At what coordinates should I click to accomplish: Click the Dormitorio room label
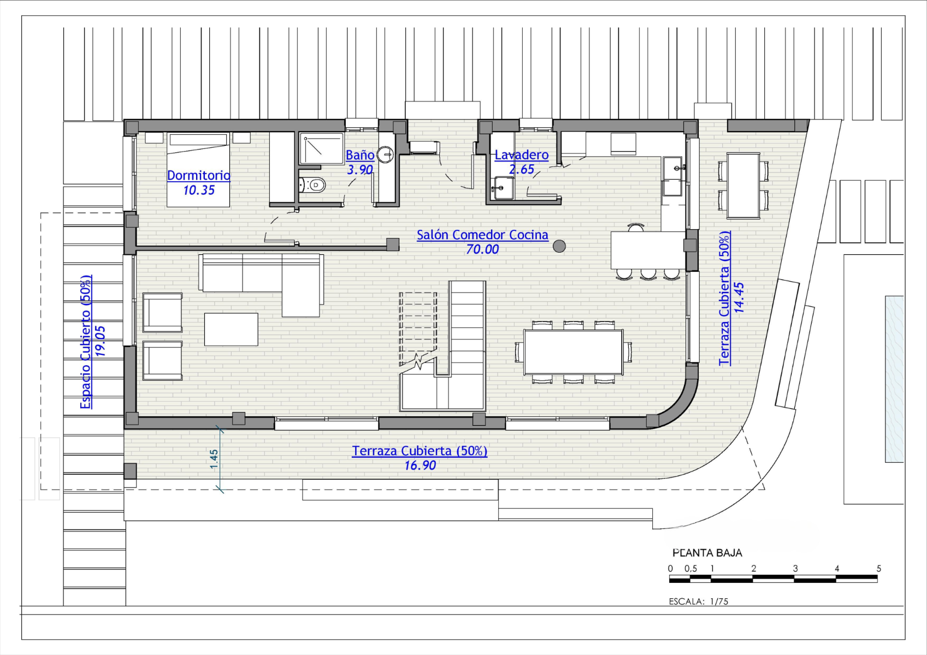click(199, 175)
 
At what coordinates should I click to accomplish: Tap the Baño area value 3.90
click(359, 170)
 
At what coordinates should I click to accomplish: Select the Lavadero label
click(522, 154)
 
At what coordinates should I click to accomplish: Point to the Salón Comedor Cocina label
click(482, 235)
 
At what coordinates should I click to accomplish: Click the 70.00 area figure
click(482, 249)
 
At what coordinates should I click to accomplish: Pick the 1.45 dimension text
click(214, 460)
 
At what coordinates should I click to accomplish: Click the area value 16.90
click(420, 466)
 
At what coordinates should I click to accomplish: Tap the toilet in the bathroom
click(313, 185)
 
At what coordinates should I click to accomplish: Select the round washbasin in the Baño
click(385, 154)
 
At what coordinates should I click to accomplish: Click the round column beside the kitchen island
click(559, 246)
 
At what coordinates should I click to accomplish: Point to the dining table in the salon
click(573, 352)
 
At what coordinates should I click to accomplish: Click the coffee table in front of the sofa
click(231, 329)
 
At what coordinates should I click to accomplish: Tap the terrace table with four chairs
click(743, 185)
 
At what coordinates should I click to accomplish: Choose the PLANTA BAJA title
click(707, 553)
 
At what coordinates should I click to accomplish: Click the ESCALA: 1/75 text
click(699, 602)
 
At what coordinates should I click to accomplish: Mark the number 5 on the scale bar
click(878, 569)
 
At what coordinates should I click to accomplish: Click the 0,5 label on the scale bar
click(690, 569)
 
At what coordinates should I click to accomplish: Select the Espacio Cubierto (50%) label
click(86, 342)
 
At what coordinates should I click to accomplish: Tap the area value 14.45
click(739, 297)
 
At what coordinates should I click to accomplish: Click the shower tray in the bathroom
click(322, 148)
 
